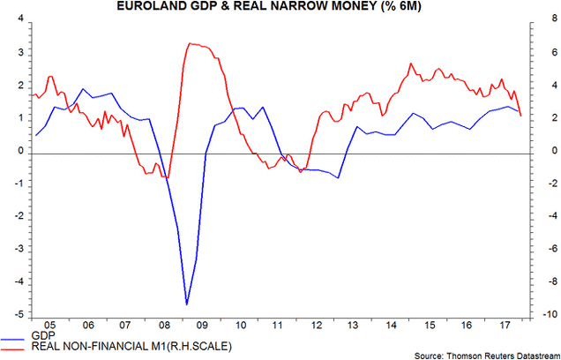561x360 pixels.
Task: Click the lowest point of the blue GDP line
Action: point(186,304)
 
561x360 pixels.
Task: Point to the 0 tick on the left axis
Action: point(19,153)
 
